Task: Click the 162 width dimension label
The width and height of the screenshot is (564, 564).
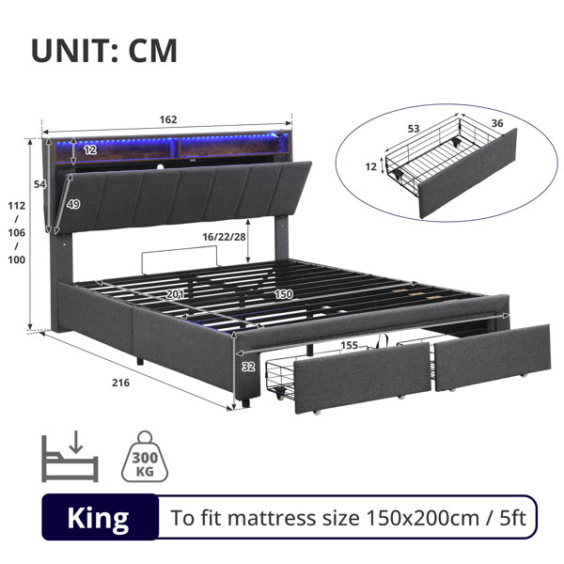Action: tap(168, 119)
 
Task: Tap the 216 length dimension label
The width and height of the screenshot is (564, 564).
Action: tap(120, 383)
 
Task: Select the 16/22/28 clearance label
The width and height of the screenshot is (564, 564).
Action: tap(224, 237)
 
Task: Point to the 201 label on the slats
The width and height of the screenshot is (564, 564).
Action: tap(175, 294)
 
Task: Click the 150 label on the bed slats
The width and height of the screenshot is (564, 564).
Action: tap(284, 294)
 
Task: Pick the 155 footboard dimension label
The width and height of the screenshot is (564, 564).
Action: tap(350, 345)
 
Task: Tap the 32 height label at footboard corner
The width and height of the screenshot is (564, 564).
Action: tap(248, 367)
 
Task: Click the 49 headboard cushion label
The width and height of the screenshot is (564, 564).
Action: tap(73, 204)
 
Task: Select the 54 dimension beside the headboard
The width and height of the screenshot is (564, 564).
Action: tap(39, 184)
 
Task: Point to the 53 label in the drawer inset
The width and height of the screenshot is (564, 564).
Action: tap(414, 129)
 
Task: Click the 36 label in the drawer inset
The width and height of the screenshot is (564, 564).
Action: tap(497, 123)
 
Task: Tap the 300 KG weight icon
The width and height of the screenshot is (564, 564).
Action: tap(145, 457)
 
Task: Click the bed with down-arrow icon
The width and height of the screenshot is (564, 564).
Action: tap(70, 457)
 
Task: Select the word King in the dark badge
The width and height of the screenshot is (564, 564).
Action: tap(98, 518)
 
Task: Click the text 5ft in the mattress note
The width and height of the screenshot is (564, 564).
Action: tap(513, 518)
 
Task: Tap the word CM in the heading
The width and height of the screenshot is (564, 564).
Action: tap(153, 51)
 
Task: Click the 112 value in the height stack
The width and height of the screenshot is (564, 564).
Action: tap(17, 206)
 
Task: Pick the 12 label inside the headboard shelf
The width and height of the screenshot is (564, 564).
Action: tap(90, 149)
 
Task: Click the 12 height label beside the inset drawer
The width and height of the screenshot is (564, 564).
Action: tap(370, 166)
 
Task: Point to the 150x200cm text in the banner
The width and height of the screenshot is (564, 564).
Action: tap(423, 518)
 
